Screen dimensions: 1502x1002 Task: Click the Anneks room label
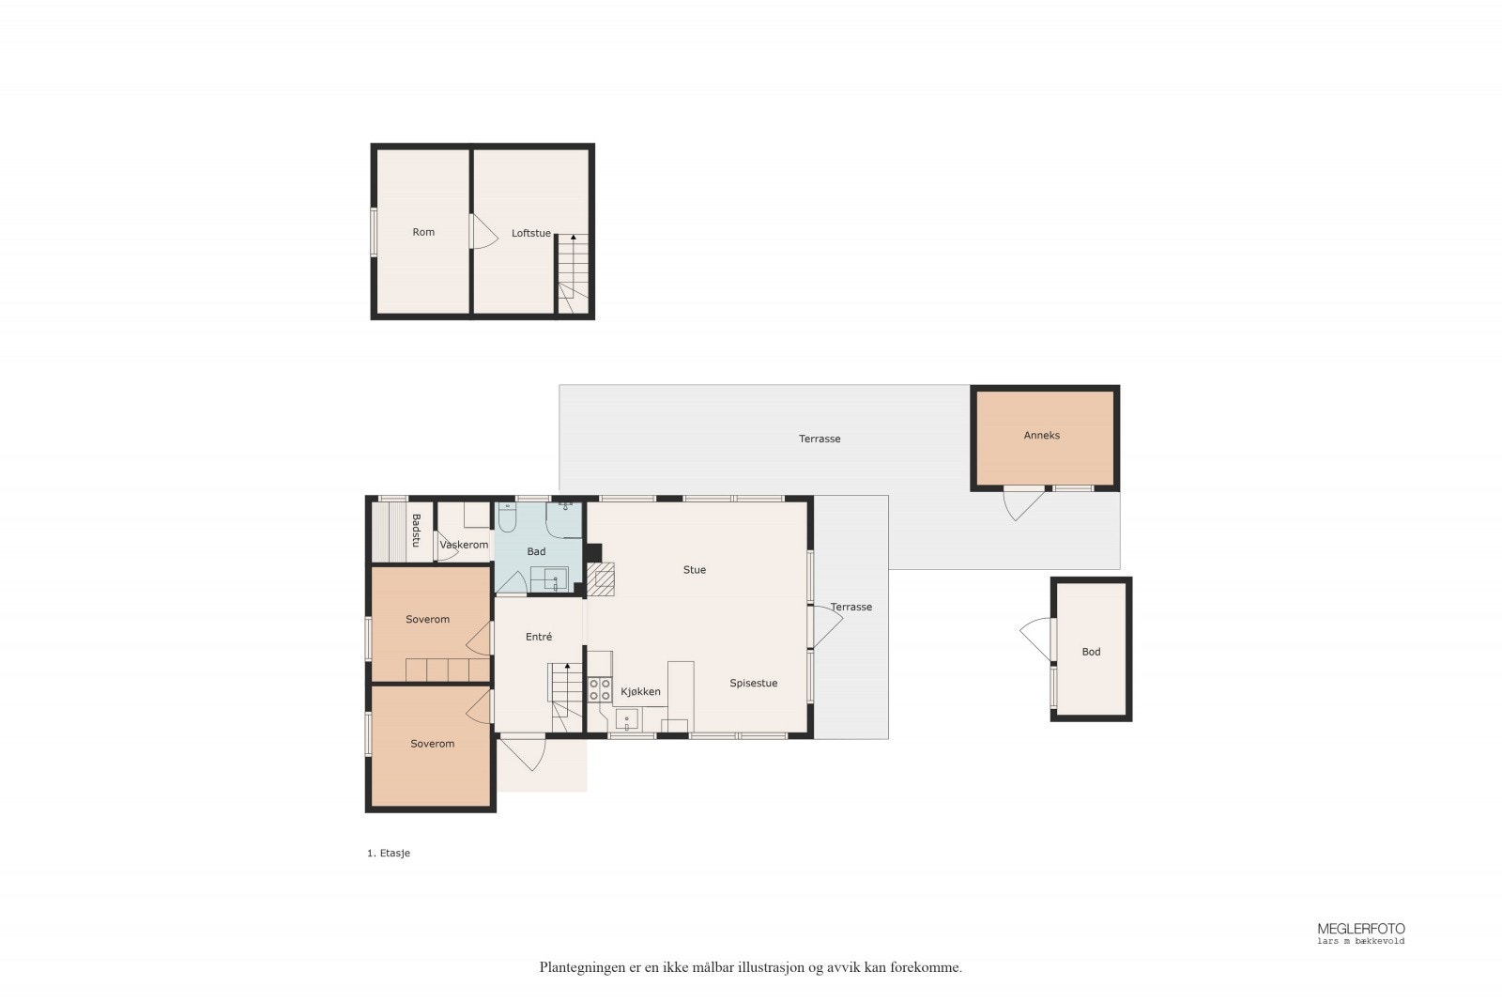click(x=1041, y=436)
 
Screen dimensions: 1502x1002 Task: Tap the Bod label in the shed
click(x=1091, y=651)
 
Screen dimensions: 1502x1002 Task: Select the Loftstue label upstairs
click(x=531, y=233)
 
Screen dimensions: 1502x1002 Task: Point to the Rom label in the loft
click(x=423, y=232)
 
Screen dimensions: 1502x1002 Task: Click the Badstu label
click(x=416, y=530)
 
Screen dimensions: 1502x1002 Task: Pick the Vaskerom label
click(x=464, y=545)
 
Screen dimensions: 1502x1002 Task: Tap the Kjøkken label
click(x=640, y=691)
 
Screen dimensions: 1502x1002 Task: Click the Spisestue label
click(x=754, y=683)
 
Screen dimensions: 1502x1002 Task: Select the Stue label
click(x=695, y=569)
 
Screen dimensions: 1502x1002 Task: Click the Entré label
click(x=539, y=637)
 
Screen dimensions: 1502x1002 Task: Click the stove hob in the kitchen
click(x=600, y=689)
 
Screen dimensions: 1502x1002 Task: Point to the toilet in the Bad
click(x=507, y=517)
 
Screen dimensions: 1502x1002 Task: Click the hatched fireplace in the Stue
click(x=600, y=578)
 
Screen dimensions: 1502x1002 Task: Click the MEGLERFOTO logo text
click(x=1361, y=929)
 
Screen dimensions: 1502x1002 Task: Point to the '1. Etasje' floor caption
click(x=389, y=853)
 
